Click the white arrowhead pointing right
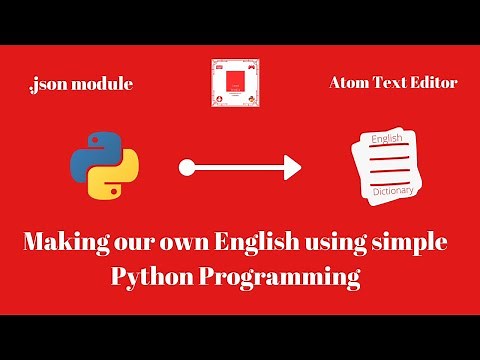tap(290, 168)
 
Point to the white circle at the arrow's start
tap(185, 168)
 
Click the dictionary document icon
tap(391, 165)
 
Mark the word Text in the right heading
tap(389, 83)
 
